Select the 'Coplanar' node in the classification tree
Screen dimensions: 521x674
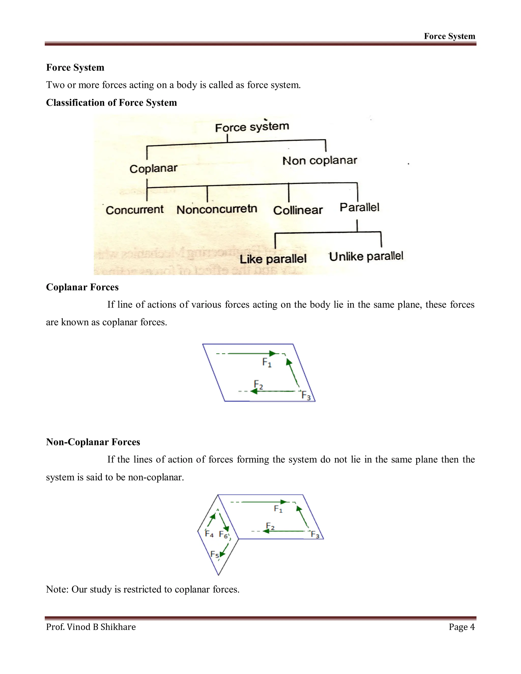(x=153, y=168)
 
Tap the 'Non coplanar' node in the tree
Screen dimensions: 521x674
(x=320, y=160)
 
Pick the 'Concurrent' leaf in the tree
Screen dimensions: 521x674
(x=134, y=210)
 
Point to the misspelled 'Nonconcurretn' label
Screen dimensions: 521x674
(x=217, y=209)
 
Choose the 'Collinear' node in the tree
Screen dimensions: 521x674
(x=298, y=210)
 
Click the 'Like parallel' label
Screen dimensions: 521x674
(x=273, y=259)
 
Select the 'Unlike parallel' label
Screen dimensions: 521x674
(x=366, y=256)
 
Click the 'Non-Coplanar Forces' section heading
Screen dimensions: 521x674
(x=93, y=442)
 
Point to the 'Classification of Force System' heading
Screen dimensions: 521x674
(x=111, y=102)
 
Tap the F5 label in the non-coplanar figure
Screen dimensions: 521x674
(x=214, y=554)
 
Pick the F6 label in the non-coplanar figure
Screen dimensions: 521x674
(x=223, y=535)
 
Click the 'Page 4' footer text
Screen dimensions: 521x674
(x=461, y=627)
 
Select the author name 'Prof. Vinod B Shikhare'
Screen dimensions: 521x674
(x=91, y=627)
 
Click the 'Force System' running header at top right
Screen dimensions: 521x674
(x=450, y=36)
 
